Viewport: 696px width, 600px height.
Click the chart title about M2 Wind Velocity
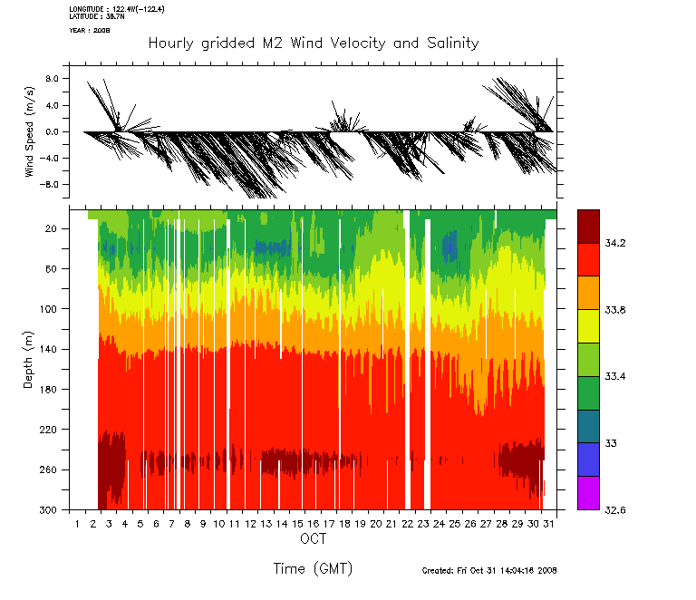pyautogui.click(x=313, y=44)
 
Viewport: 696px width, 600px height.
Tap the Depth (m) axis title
pyautogui.click(x=29, y=360)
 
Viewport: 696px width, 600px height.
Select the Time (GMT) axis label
pyautogui.click(x=313, y=568)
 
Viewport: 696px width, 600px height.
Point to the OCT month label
pyautogui.click(x=313, y=540)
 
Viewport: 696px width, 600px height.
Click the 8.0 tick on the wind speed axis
pyautogui.click(x=52, y=79)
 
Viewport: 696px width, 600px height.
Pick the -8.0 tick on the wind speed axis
pyautogui.click(x=50, y=184)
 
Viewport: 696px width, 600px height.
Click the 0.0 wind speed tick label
pyautogui.click(x=52, y=131)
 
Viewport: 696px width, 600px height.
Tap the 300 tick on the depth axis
pyautogui.click(x=49, y=510)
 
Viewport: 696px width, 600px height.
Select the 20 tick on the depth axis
pyautogui.click(x=52, y=229)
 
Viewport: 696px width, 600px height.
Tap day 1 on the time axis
pyautogui.click(x=79, y=524)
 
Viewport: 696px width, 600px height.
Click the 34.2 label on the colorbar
pyautogui.click(x=614, y=243)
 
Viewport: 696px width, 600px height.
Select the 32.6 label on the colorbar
pyautogui.click(x=614, y=510)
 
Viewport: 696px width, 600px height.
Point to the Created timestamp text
pyautogui.click(x=489, y=571)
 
